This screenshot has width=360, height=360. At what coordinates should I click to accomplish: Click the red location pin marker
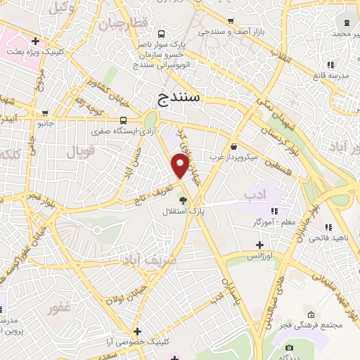[x=181, y=165]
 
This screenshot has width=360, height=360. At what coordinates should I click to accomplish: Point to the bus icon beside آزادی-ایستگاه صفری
[x=123, y=120]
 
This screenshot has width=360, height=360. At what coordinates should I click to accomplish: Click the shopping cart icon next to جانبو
[x=46, y=112]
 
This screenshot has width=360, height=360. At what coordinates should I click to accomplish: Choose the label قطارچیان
[x=124, y=22]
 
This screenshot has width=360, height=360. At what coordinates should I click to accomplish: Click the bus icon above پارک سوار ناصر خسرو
[x=162, y=34]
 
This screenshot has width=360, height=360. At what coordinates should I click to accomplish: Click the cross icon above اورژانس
[x=259, y=245]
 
